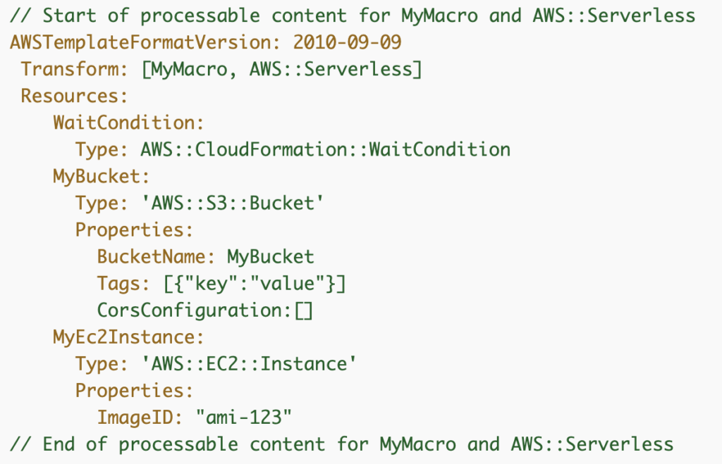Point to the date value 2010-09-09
pos(347,42)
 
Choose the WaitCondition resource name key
pos(128,123)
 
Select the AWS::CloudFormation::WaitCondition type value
pos(325,149)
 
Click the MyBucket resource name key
pos(101,176)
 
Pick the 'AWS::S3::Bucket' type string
pos(233,203)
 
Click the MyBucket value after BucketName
pos(270,256)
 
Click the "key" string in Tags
pos(205,283)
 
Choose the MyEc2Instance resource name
pos(128,337)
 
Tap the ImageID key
pos(138,417)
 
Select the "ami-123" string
pos(243,417)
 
